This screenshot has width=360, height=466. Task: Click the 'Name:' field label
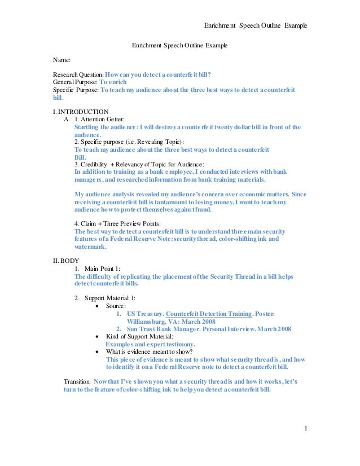pos(62,59)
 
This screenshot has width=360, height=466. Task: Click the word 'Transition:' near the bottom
pos(77,382)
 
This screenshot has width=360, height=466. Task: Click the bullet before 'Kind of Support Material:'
pos(98,336)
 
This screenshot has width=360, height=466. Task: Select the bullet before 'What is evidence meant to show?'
pos(98,351)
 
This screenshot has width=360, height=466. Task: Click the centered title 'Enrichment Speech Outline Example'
pos(179,44)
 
